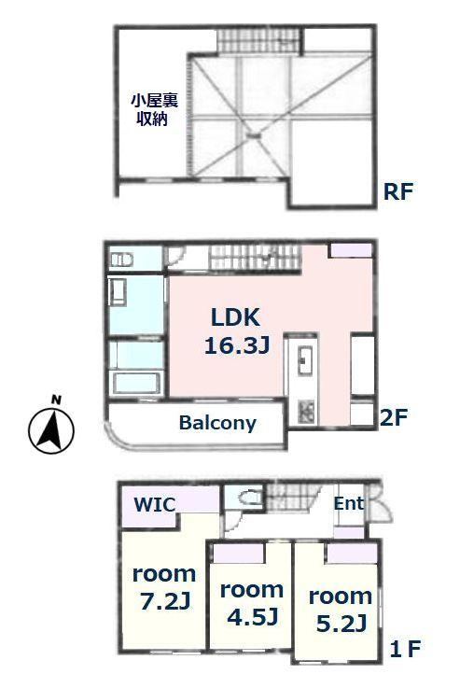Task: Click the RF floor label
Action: [x=398, y=191]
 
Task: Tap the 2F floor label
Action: [x=394, y=417]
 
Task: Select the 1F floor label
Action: [x=406, y=649]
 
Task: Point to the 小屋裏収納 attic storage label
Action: [x=155, y=109]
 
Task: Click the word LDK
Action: [x=235, y=317]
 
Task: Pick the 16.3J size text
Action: [x=237, y=346]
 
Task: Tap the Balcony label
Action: [x=217, y=423]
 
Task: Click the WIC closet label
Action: [x=155, y=505]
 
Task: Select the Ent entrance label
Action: [x=349, y=503]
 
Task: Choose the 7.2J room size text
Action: [x=165, y=601]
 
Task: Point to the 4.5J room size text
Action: [x=253, y=617]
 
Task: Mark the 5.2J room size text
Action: [x=342, y=624]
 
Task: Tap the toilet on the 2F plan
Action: [x=121, y=260]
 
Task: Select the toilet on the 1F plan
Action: [x=248, y=498]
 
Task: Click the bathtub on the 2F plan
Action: [x=138, y=383]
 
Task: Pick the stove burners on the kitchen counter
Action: [x=306, y=412]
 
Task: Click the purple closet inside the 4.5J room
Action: [x=239, y=553]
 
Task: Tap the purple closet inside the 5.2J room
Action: [x=352, y=553]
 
